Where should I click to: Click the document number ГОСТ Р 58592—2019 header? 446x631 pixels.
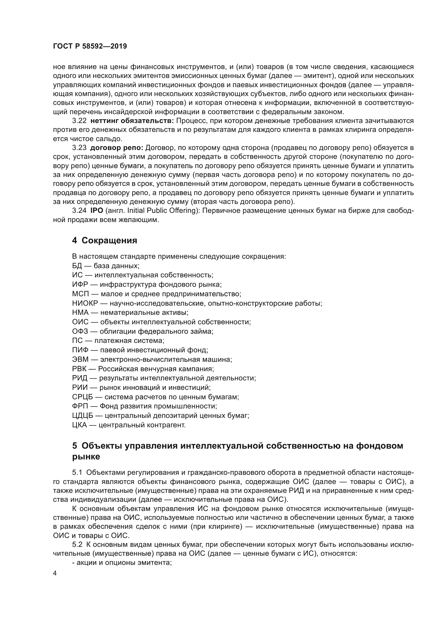tap(90, 46)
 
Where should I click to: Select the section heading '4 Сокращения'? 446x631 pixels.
tap(104, 240)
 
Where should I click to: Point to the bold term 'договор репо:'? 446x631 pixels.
tap(117, 148)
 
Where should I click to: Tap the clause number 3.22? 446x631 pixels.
tap(79, 121)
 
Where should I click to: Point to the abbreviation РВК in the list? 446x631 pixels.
tap(79, 369)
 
